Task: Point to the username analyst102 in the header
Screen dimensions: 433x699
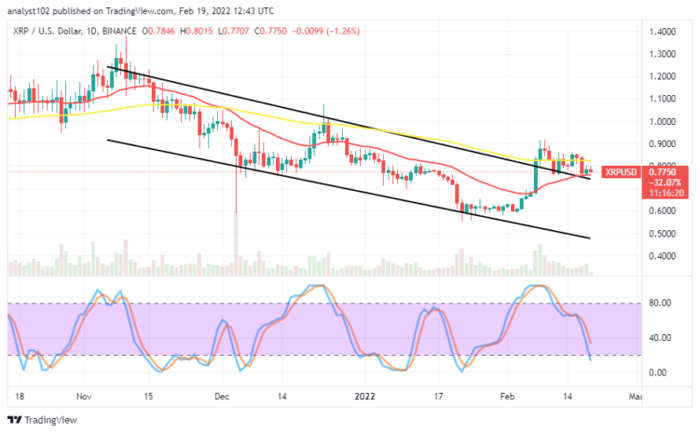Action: pyautogui.click(x=33, y=10)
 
